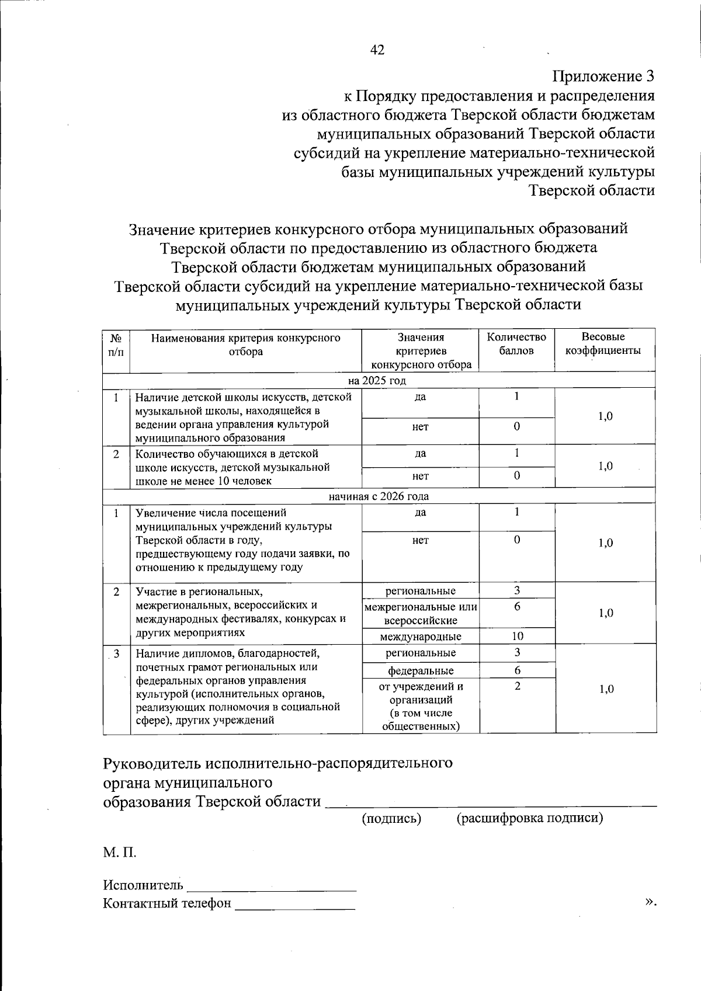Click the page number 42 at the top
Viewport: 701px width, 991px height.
(377, 50)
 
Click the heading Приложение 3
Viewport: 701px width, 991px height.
(603, 77)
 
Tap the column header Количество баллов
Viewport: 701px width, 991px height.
(516, 344)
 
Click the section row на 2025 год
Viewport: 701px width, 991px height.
(377, 381)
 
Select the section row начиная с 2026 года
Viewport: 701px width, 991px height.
(378, 496)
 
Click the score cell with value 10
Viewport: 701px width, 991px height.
(517, 637)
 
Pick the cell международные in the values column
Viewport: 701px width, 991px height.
(421, 637)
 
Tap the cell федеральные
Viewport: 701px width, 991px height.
(421, 670)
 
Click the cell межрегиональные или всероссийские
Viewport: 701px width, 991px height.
(421, 614)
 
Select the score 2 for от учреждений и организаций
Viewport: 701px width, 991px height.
(517, 686)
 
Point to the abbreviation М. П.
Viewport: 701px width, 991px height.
(120, 853)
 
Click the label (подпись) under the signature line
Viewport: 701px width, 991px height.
(391, 818)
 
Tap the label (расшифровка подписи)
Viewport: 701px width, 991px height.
(529, 818)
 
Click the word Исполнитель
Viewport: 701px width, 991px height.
(143, 885)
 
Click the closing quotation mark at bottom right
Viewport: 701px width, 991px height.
(650, 902)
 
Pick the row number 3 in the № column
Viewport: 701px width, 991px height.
(117, 653)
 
